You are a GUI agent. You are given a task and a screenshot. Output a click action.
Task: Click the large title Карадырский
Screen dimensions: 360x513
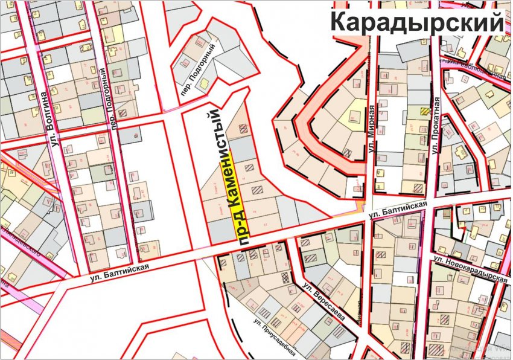pyautogui.click(x=417, y=22)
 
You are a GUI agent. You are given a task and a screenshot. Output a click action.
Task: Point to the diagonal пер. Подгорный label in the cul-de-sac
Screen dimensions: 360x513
pyautogui.click(x=196, y=64)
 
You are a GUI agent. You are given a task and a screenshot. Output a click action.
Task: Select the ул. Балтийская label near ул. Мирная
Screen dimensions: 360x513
pyautogui.click(x=399, y=211)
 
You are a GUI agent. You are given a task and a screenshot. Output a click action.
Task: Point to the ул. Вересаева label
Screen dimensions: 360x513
pyautogui.click(x=323, y=302)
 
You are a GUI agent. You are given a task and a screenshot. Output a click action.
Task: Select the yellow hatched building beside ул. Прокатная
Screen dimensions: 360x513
pyautogui.click(x=425, y=111)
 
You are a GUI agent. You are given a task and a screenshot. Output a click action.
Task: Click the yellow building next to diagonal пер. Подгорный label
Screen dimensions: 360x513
pyautogui.click(x=205, y=85)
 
